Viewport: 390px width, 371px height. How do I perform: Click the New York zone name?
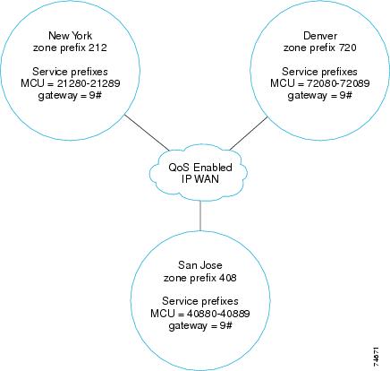click(70, 36)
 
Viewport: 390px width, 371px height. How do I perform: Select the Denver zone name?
click(320, 36)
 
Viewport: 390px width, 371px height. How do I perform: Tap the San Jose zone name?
click(200, 265)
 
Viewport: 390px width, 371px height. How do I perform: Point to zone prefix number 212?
click(97, 47)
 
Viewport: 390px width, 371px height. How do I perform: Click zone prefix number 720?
click(348, 47)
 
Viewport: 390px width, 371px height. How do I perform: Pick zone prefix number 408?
click(227, 278)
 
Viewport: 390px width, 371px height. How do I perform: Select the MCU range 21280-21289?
click(89, 83)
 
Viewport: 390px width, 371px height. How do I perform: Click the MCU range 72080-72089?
click(338, 83)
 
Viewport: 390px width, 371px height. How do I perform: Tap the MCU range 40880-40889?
click(218, 314)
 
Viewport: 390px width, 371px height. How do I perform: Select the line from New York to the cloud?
click(147, 133)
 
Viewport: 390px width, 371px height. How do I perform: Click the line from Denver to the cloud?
click(249, 134)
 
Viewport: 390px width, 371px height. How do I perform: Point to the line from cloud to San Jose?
click(200, 215)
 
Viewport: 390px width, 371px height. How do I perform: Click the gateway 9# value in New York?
click(96, 95)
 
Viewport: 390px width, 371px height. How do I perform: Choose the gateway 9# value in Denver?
click(345, 95)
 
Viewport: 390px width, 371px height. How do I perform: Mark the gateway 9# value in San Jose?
click(226, 325)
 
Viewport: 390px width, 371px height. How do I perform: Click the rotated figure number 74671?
click(376, 357)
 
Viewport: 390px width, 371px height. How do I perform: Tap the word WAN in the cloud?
click(206, 179)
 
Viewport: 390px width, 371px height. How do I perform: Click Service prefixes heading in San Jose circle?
click(200, 301)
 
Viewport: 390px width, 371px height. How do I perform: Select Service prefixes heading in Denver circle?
click(319, 72)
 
